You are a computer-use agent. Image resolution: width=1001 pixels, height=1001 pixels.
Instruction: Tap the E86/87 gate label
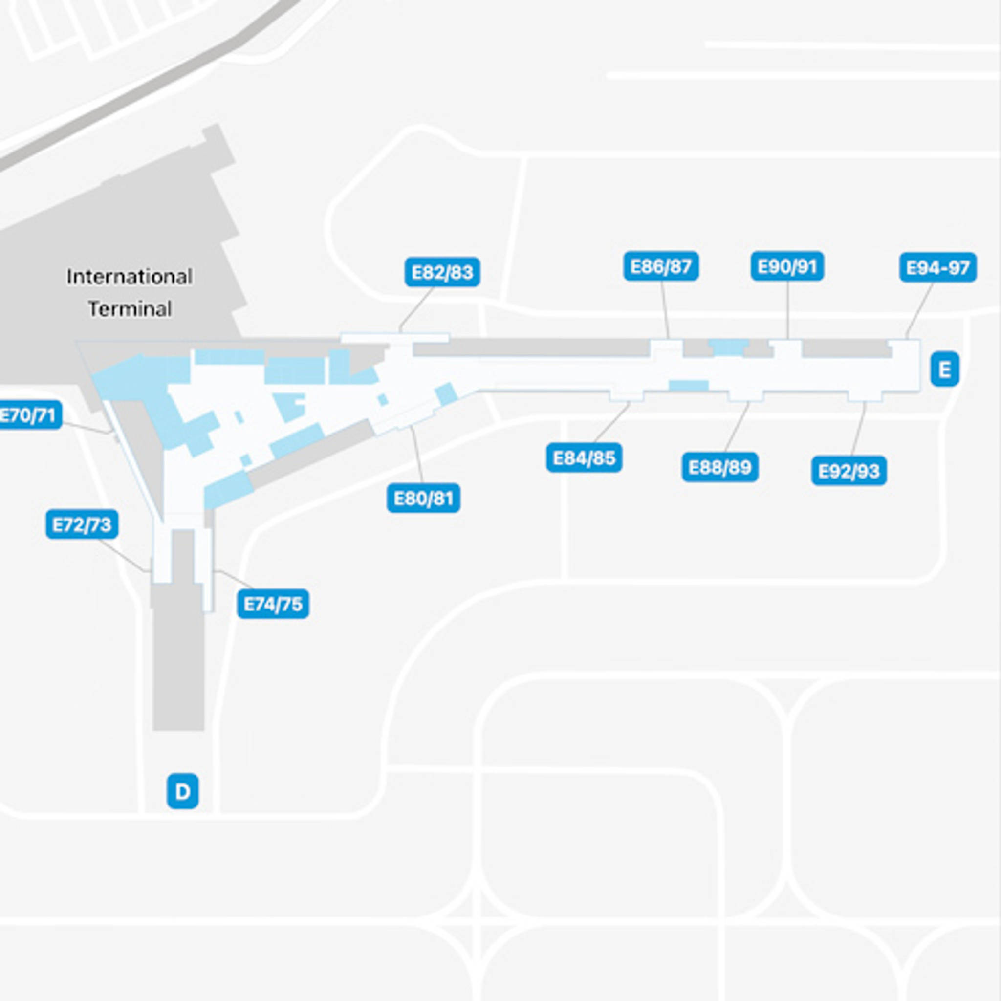coord(661,266)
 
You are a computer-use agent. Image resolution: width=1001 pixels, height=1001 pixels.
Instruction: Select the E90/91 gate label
coord(787,266)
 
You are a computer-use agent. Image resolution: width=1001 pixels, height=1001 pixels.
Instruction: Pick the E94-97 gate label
coord(938,267)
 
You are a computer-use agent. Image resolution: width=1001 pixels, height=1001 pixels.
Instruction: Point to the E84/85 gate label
coord(584,458)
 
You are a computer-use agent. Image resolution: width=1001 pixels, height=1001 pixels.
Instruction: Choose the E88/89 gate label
coord(719,467)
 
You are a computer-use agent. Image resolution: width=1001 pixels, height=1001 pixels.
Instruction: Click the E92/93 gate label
coord(849,471)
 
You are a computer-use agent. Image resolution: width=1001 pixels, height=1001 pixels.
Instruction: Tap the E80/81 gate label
coord(423,499)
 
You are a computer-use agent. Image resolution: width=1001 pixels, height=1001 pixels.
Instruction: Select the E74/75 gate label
coord(273,604)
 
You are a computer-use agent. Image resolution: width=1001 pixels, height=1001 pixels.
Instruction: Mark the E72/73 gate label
coord(82,525)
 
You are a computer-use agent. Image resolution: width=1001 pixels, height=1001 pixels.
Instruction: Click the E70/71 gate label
coord(28,415)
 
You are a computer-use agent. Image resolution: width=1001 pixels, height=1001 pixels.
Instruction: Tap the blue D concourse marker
coord(182,791)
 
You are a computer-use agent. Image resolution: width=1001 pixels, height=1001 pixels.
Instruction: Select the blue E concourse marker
coord(944,370)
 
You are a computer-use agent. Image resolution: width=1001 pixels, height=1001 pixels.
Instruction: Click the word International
coord(130,277)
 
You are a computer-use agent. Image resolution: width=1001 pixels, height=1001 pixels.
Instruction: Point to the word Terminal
coord(130,309)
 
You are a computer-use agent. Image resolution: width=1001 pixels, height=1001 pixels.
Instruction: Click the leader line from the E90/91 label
coord(787,311)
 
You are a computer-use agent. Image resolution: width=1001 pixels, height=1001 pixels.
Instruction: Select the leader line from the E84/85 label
coord(611,423)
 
